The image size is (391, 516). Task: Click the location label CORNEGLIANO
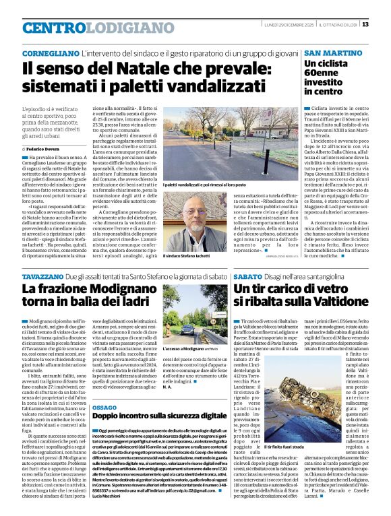(x=49, y=53)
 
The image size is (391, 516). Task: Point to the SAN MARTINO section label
(x=332, y=53)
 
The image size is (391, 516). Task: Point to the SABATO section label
(x=247, y=276)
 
